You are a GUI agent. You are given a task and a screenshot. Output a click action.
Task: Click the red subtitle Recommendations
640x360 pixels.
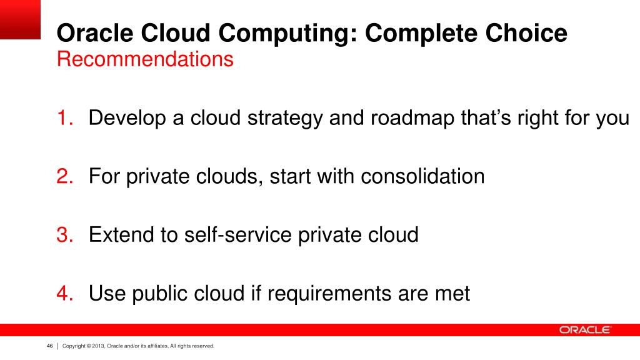click(x=145, y=59)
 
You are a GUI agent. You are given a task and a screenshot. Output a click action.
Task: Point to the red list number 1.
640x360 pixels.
click(x=65, y=117)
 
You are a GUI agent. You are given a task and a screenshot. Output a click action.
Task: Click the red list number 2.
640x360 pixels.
click(x=65, y=176)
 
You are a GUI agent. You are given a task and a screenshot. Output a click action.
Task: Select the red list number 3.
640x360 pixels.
click(x=65, y=235)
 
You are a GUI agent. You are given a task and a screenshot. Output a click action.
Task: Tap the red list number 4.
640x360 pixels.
click(x=65, y=293)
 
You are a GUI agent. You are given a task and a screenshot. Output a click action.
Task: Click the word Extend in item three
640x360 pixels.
click(x=121, y=235)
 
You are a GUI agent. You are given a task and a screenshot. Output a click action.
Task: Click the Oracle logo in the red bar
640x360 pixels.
click(x=584, y=330)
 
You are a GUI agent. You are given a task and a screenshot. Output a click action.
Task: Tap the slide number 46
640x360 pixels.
click(x=49, y=346)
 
